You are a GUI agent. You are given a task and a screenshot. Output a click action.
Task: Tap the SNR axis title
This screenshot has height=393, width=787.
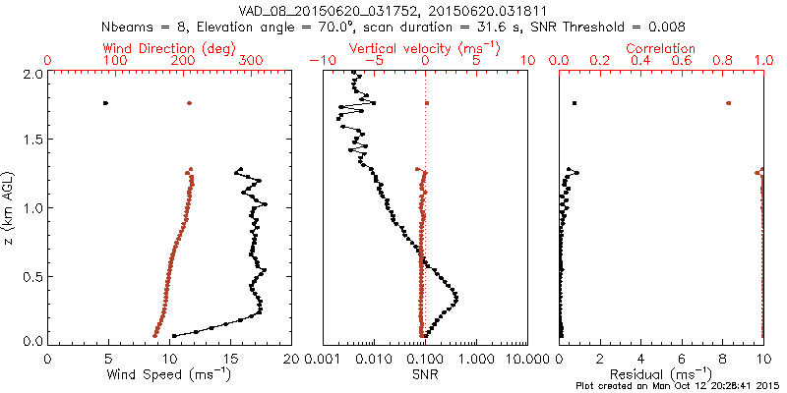pos(425,374)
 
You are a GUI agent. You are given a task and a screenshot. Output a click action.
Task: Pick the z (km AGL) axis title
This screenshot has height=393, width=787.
pos(10,207)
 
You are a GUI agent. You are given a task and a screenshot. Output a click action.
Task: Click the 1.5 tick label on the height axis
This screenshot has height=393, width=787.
pos(32,140)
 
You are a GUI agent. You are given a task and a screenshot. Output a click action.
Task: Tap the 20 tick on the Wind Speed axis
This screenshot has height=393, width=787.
pos(291,359)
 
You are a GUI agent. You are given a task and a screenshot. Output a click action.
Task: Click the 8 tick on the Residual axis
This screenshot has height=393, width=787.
pos(723,359)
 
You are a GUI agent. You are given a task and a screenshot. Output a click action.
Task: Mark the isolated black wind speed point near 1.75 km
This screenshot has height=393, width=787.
pos(106,103)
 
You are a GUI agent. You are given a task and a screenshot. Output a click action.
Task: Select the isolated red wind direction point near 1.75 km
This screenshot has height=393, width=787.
pos(190,103)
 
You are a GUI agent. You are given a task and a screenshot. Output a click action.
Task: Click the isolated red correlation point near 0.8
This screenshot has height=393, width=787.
pos(729,103)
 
